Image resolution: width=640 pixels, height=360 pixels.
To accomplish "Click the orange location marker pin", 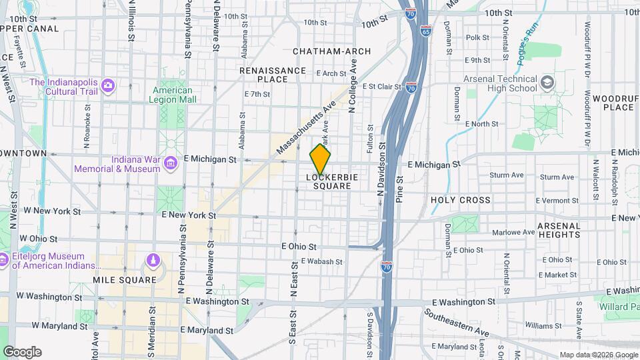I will [x=320, y=160].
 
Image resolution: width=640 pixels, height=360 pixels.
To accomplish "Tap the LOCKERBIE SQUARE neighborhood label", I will [x=329, y=182].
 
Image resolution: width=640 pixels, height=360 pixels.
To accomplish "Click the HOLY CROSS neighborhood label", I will [x=460, y=200].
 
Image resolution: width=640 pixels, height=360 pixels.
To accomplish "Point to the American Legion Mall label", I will [x=173, y=95].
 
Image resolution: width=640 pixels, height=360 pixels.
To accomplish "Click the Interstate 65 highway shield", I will [x=426, y=31].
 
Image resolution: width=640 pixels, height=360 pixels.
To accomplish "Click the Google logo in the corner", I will [x=22, y=351].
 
